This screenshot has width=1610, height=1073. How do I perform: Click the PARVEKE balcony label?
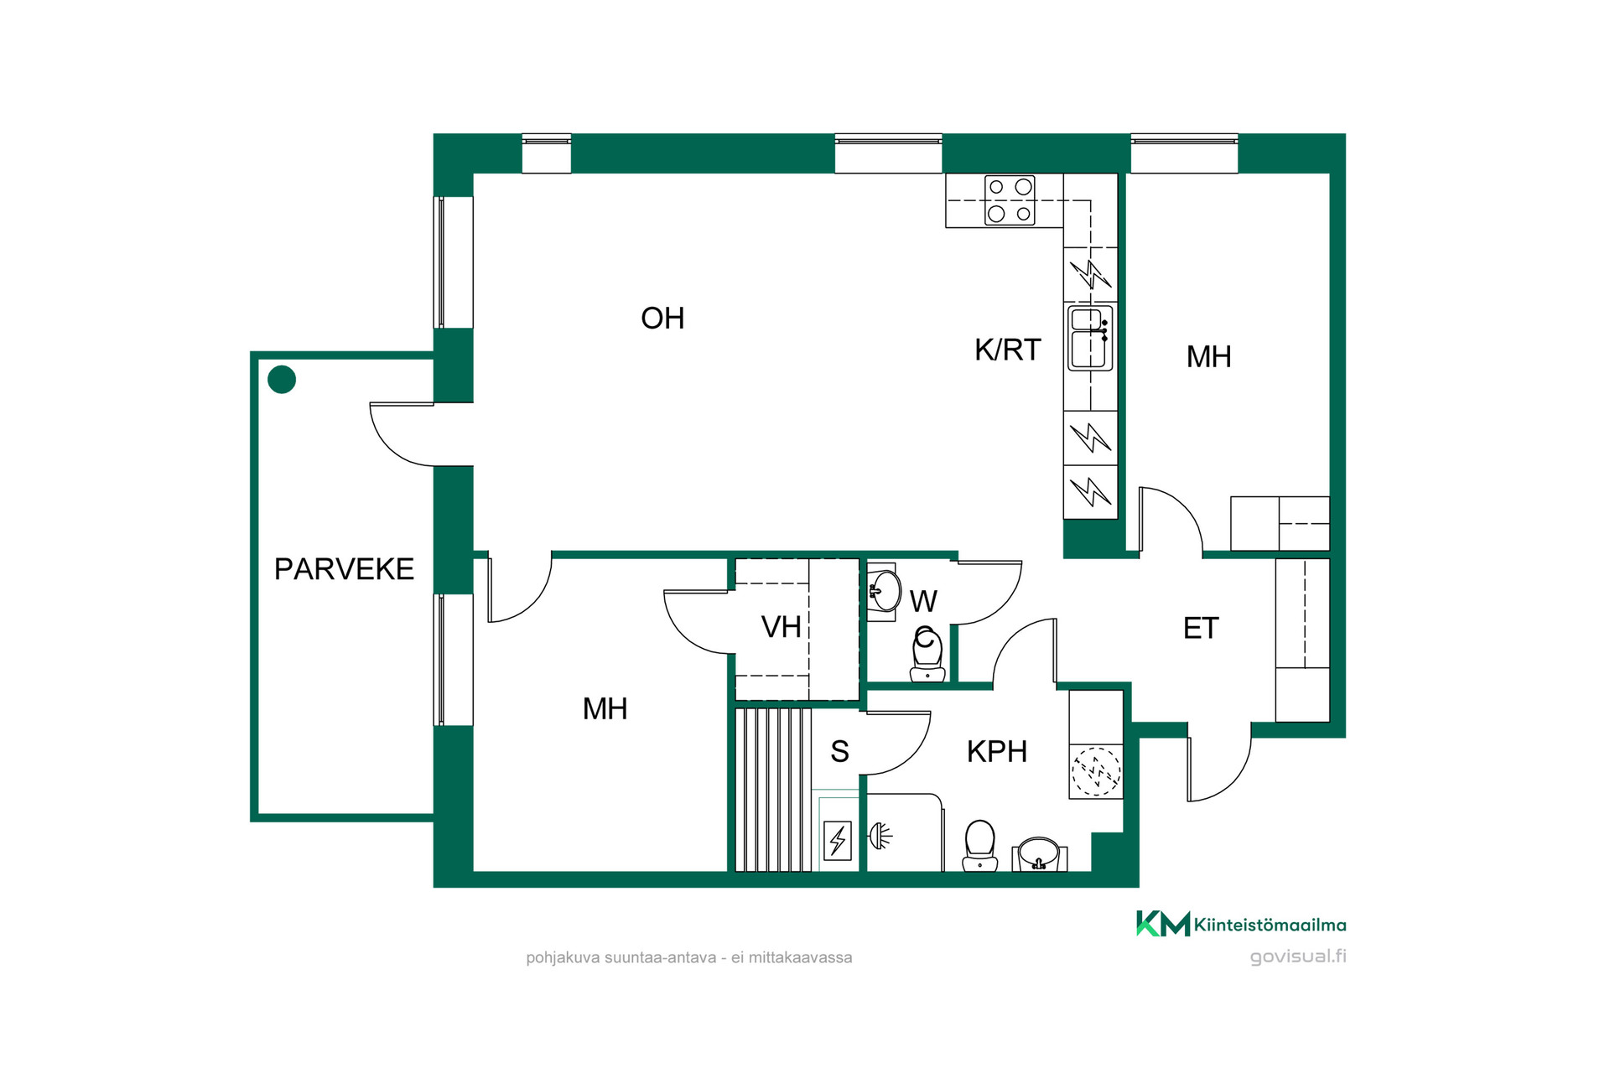(x=344, y=569)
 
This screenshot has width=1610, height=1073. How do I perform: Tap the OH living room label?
(x=662, y=319)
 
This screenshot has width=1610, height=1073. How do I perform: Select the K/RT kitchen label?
(x=1007, y=350)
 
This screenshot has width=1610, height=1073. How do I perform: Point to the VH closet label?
(x=781, y=627)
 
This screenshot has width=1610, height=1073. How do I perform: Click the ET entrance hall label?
(x=1200, y=629)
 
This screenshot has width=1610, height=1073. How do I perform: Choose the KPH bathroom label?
(x=996, y=752)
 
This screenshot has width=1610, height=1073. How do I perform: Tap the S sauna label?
(x=839, y=752)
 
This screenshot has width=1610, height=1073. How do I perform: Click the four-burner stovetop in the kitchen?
(x=1010, y=201)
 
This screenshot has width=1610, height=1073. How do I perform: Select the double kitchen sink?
(x=1090, y=338)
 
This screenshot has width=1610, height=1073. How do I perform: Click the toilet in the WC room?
(x=927, y=655)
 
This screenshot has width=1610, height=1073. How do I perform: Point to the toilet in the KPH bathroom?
(x=979, y=846)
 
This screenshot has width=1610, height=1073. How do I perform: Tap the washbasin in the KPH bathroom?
(x=1040, y=854)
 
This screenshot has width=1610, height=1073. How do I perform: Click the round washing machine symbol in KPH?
(x=1096, y=771)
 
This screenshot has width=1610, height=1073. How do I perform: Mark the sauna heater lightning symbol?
(x=838, y=840)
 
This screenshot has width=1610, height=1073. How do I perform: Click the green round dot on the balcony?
(x=282, y=380)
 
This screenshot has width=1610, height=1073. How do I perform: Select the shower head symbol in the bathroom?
(x=880, y=836)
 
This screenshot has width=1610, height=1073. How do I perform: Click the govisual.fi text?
(x=1298, y=956)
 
